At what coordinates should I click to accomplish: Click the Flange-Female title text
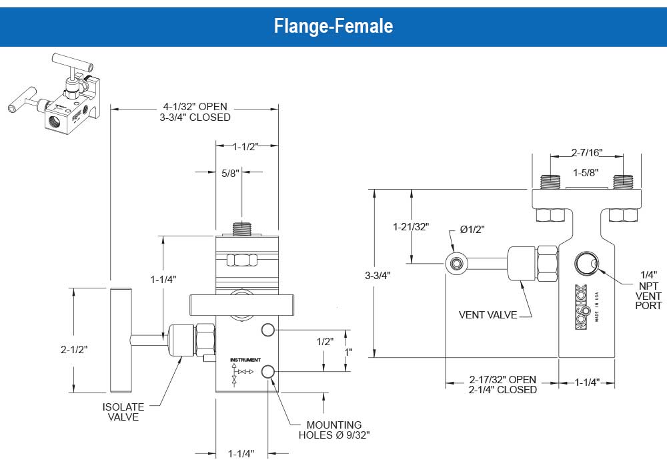333,26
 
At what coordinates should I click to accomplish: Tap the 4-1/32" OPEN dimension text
195,106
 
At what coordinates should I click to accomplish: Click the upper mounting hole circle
268,330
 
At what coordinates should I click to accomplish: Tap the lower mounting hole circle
268,372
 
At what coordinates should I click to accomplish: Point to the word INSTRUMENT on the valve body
243,360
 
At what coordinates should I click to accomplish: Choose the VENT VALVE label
488,314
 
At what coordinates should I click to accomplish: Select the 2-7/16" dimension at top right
587,152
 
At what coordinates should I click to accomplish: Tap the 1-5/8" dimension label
586,172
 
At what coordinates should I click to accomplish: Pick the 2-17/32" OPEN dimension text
502,379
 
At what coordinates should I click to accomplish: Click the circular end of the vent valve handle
456,264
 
